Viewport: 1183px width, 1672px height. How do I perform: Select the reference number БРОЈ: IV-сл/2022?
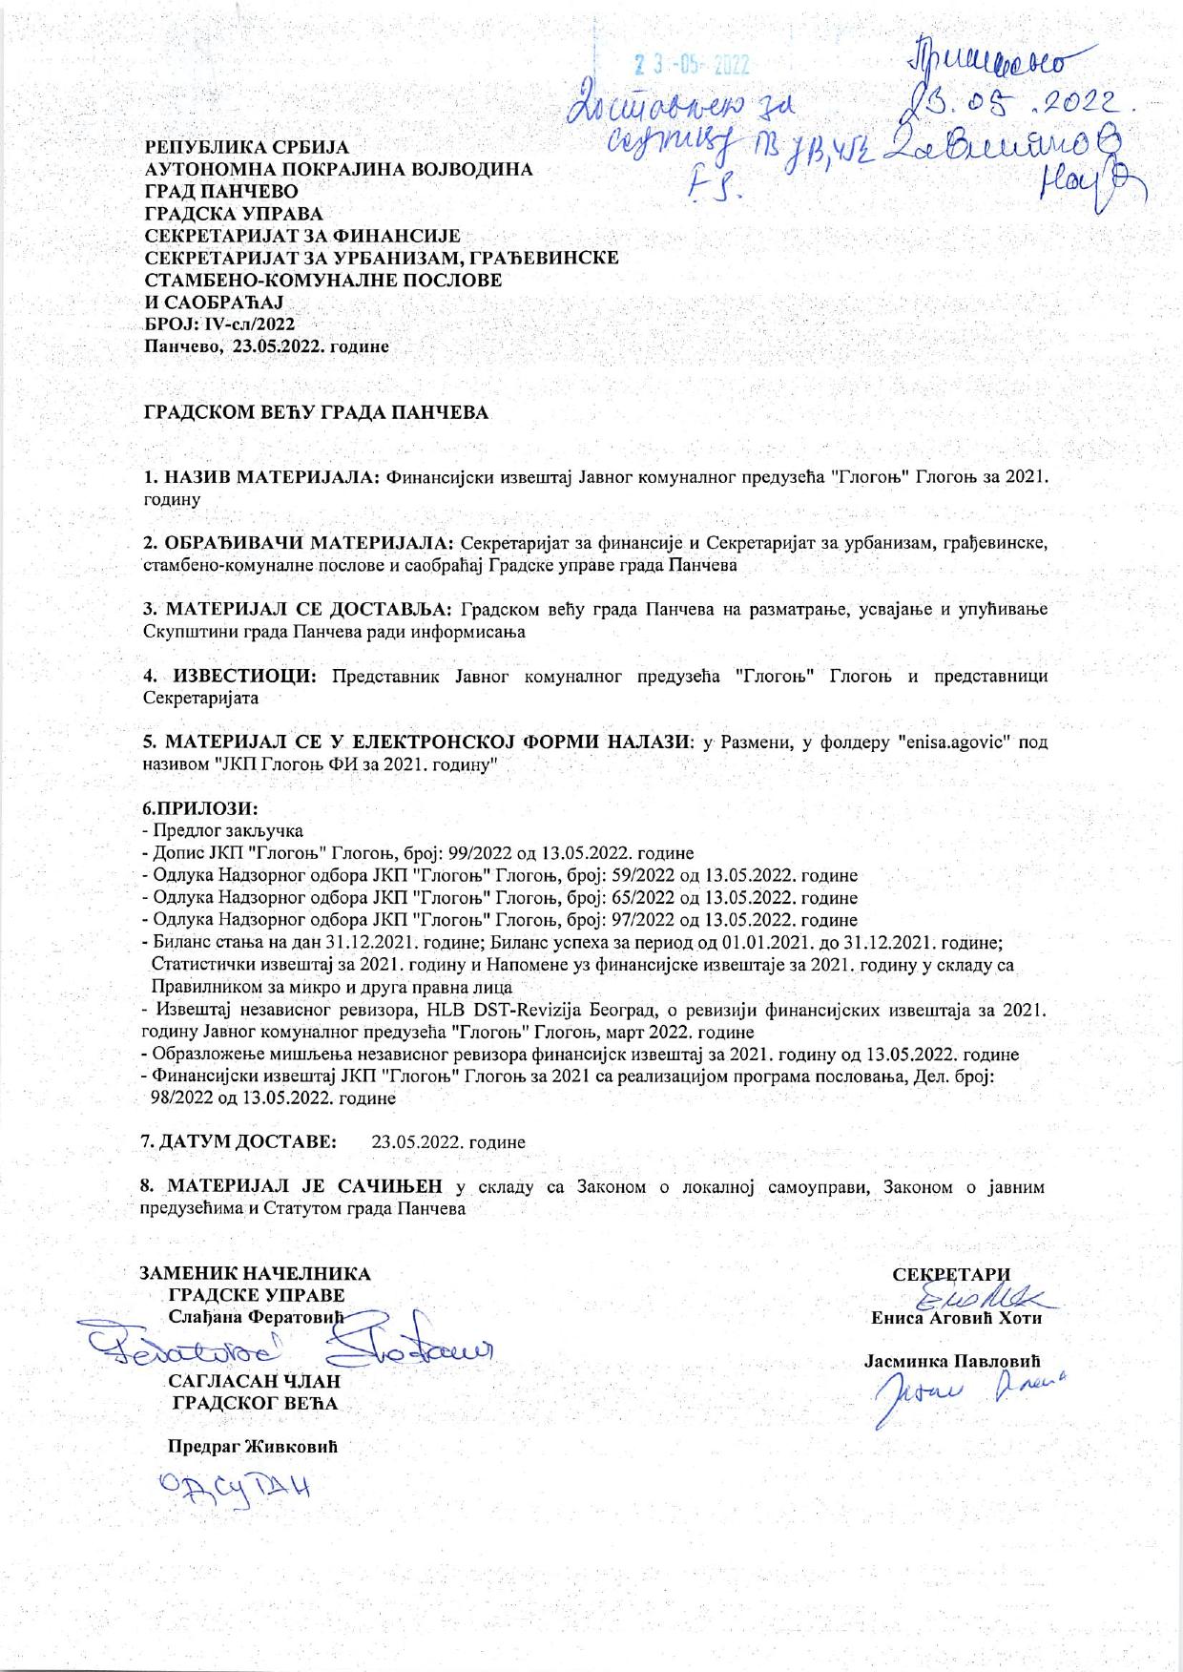[218, 324]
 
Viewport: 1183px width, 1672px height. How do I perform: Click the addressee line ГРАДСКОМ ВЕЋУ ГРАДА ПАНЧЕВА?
[316, 412]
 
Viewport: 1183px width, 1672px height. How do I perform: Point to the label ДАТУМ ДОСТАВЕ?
[248, 1141]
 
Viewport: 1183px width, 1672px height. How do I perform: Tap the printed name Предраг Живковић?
[253, 1445]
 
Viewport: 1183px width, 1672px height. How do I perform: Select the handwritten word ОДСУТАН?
[237, 1488]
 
